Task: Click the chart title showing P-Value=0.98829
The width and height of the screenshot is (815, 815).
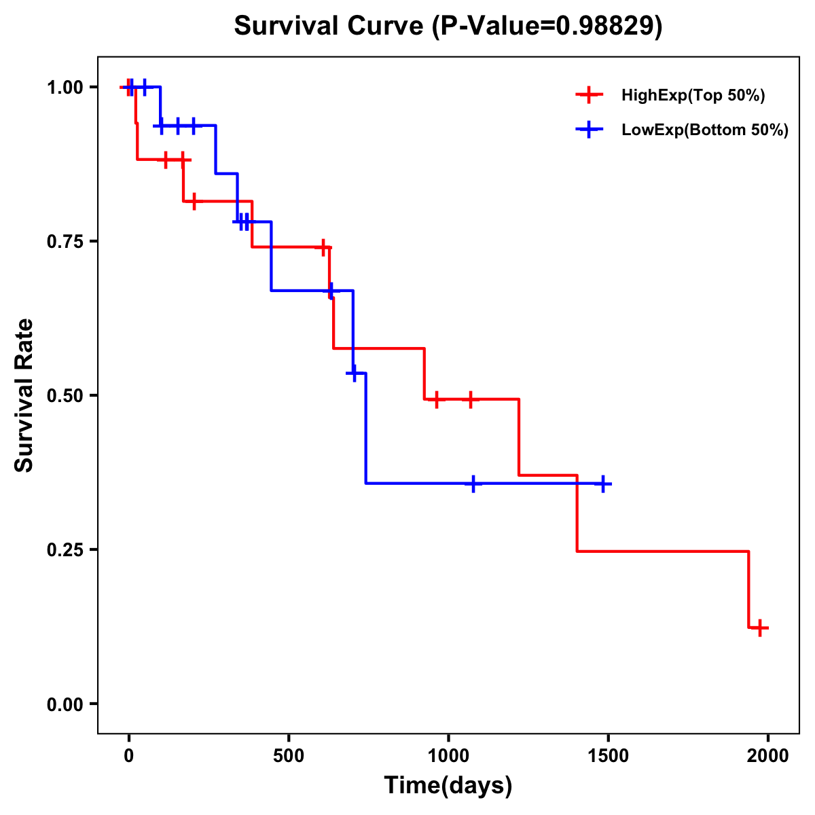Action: click(448, 26)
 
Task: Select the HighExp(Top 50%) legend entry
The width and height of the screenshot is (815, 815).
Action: click(693, 96)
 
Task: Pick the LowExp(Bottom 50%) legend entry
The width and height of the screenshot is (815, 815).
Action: click(705, 130)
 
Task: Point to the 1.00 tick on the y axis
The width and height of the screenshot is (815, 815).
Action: click(64, 88)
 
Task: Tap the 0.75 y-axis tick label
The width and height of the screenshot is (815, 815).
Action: click(64, 242)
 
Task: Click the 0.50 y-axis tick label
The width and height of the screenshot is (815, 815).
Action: click(64, 396)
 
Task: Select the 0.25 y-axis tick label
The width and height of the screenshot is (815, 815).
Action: click(64, 550)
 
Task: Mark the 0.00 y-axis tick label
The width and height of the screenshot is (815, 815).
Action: click(64, 704)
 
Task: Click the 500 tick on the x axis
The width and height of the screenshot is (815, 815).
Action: click(289, 756)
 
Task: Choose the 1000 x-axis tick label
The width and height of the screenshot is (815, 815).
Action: click(448, 756)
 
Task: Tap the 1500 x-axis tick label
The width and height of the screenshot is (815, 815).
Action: click(608, 756)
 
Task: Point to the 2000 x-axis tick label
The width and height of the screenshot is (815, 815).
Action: click(768, 756)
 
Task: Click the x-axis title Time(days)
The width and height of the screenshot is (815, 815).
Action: click(448, 786)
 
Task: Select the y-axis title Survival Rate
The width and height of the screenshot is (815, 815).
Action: click(24, 395)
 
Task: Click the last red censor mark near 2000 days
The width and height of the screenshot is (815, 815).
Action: click(760, 628)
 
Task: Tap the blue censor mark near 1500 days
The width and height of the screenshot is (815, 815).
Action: click(602, 484)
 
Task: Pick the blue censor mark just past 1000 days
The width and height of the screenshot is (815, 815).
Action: click(473, 484)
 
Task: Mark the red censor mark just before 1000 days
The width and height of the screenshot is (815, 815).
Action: click(437, 399)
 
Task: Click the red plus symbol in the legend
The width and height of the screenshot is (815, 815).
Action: click(590, 96)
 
